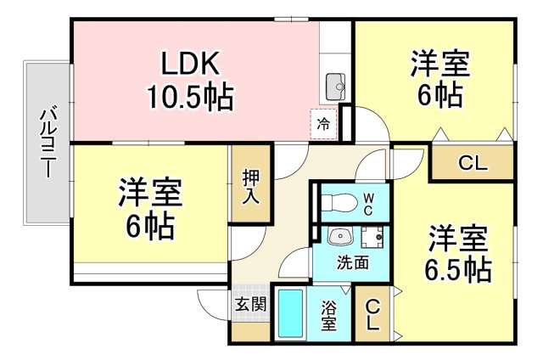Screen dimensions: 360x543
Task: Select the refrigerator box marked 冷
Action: coord(323,124)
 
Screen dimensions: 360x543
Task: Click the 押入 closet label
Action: coord(251,186)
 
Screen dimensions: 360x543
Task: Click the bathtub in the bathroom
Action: coord(291,315)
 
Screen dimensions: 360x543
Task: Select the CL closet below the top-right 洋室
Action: coord(472,164)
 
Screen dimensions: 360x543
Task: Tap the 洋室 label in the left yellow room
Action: coord(148,194)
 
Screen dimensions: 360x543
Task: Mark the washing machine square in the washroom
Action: coord(371,236)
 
